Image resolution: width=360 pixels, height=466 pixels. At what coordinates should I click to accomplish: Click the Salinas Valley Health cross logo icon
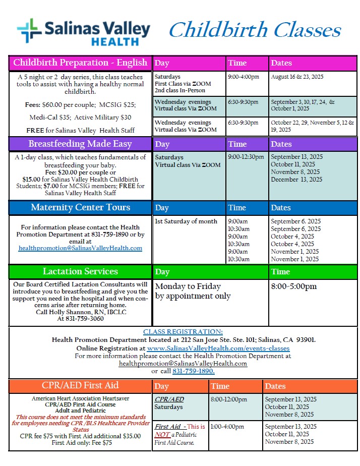[29, 31]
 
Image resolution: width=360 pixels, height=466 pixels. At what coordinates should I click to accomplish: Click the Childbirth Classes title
[255, 30]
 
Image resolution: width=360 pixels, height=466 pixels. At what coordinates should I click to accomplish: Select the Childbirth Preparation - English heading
[80, 63]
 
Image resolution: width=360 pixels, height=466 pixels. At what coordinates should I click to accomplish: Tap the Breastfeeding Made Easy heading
[80, 144]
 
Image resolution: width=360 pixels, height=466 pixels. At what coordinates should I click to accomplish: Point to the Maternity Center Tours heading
[80, 207]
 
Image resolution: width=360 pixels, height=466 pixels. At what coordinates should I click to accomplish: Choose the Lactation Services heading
[80, 271]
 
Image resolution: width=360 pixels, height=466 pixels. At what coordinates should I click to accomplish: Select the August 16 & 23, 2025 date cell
[297, 77]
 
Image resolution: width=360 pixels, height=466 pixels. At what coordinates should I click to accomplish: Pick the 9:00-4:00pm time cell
[244, 77]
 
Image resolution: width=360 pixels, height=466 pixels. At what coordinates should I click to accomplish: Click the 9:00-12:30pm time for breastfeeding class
[246, 157]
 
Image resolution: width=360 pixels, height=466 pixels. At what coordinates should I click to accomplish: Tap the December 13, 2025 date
[296, 180]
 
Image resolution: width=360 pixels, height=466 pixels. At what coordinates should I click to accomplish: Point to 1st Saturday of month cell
[186, 221]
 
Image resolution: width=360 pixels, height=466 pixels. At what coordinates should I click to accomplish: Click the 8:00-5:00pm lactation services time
[294, 286]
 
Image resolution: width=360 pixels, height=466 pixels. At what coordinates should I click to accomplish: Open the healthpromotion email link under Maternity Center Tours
[80, 248]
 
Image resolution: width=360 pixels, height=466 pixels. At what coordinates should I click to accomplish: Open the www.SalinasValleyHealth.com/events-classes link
[218, 348]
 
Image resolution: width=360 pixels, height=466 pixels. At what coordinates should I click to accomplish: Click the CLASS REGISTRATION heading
[183, 331]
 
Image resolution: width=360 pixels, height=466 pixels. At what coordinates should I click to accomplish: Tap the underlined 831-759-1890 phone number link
[193, 371]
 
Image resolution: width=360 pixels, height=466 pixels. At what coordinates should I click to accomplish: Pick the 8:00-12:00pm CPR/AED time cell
[230, 399]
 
